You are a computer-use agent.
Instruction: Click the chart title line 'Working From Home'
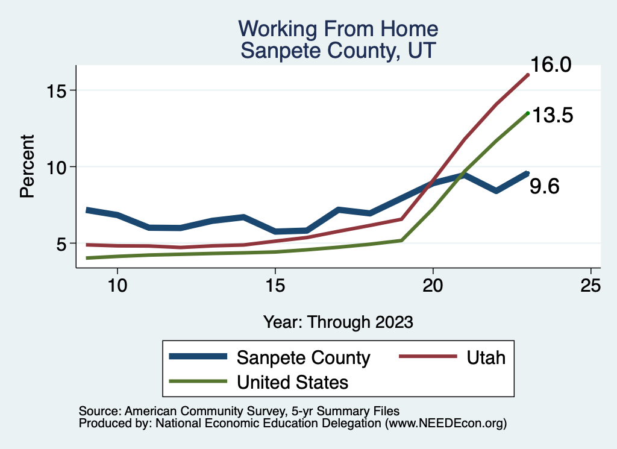pyautogui.click(x=337, y=28)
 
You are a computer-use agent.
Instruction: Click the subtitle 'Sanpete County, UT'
pyautogui.click(x=337, y=49)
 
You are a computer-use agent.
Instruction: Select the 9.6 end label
pyautogui.click(x=544, y=187)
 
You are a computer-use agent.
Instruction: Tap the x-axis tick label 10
pyautogui.click(x=117, y=285)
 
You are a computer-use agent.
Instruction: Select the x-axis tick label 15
pyautogui.click(x=275, y=285)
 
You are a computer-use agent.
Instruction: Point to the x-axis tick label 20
pyautogui.click(x=433, y=285)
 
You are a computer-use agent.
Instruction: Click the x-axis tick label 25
pyautogui.click(x=590, y=285)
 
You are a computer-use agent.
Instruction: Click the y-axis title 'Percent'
pyautogui.click(x=27, y=167)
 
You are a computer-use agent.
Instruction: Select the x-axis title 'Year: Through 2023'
pyautogui.click(x=338, y=322)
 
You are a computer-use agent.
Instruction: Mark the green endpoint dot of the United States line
pyautogui.click(x=528, y=113)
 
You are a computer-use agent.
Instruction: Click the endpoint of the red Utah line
pyautogui.click(x=528, y=75)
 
